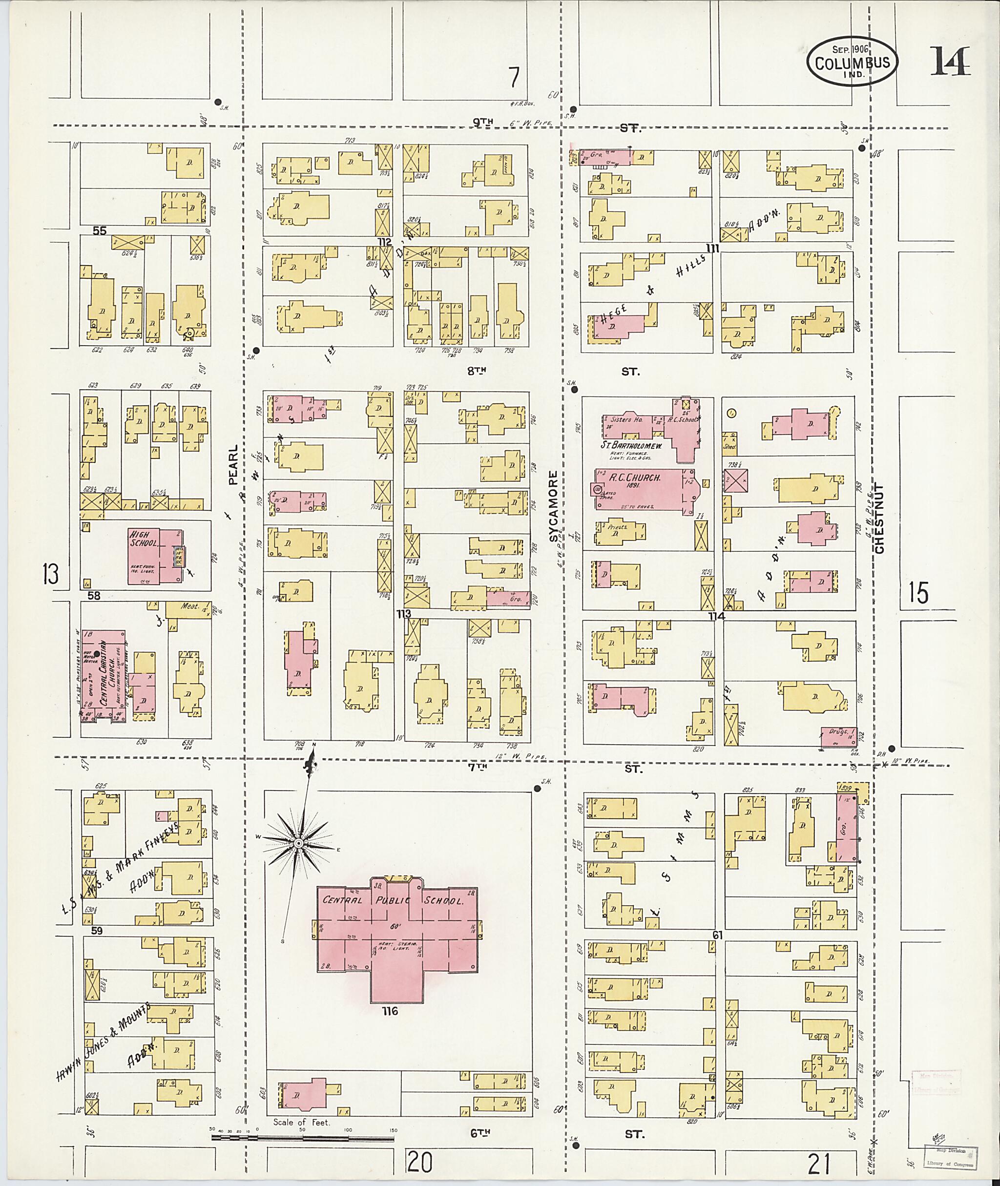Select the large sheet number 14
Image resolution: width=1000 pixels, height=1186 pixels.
(950, 62)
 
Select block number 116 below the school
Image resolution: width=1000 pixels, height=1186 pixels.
(391, 1011)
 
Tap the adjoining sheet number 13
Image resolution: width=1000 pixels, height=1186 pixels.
(50, 575)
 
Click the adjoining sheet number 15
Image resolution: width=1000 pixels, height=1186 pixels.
(918, 593)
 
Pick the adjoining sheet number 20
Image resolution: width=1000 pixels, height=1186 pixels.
(419, 1163)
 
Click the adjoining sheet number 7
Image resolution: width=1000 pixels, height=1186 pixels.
(514, 78)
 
